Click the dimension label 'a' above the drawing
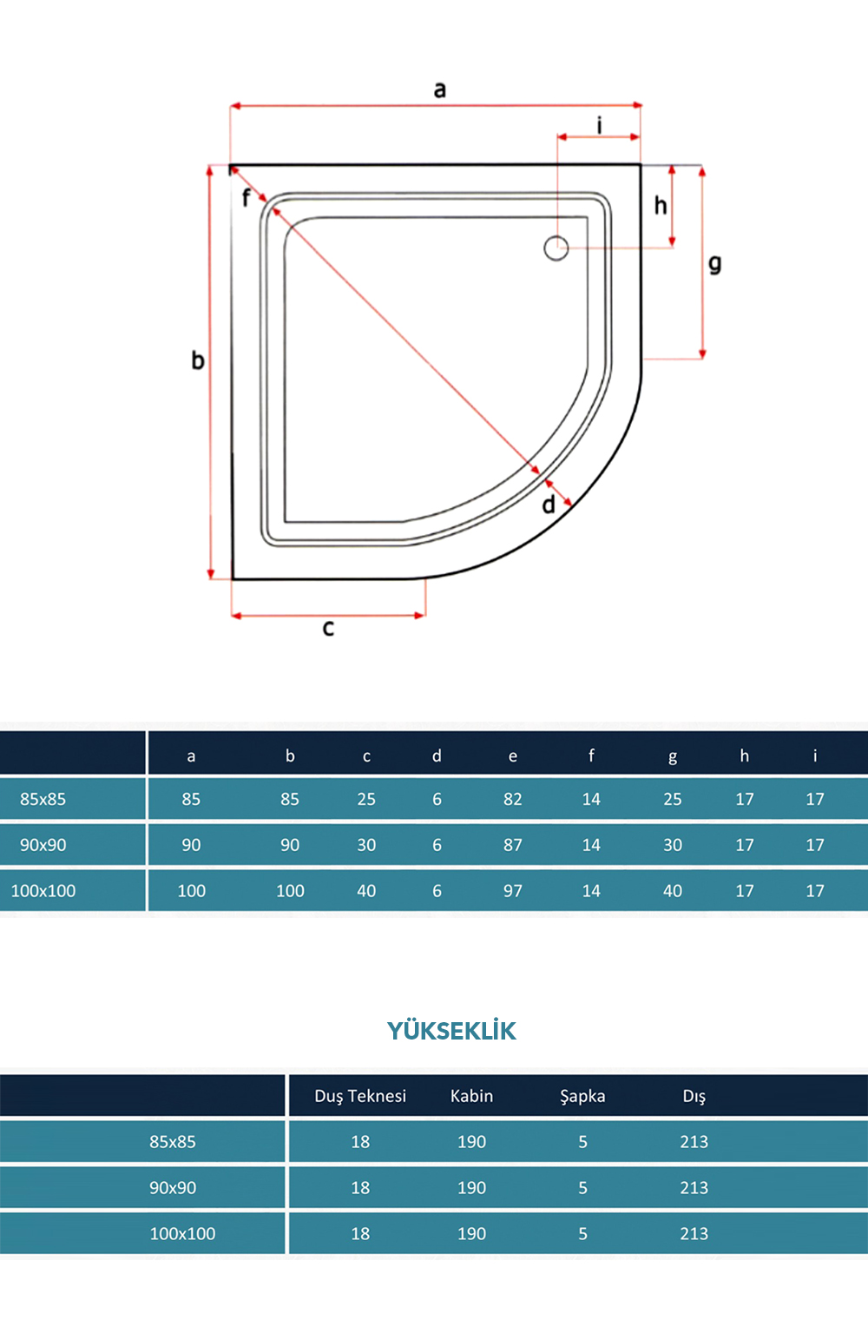(x=440, y=89)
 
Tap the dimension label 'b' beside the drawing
(x=198, y=360)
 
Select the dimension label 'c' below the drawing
(x=328, y=629)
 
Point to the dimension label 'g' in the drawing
(x=715, y=264)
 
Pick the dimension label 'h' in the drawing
(x=661, y=206)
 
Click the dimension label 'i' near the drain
(x=600, y=126)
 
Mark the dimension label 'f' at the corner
(x=246, y=197)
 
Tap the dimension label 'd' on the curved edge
(x=549, y=505)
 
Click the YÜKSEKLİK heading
(x=451, y=1031)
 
